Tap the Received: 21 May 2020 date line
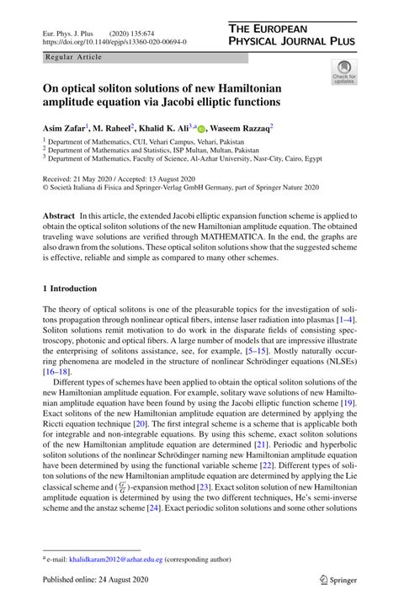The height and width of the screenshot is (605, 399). pos(83,178)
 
